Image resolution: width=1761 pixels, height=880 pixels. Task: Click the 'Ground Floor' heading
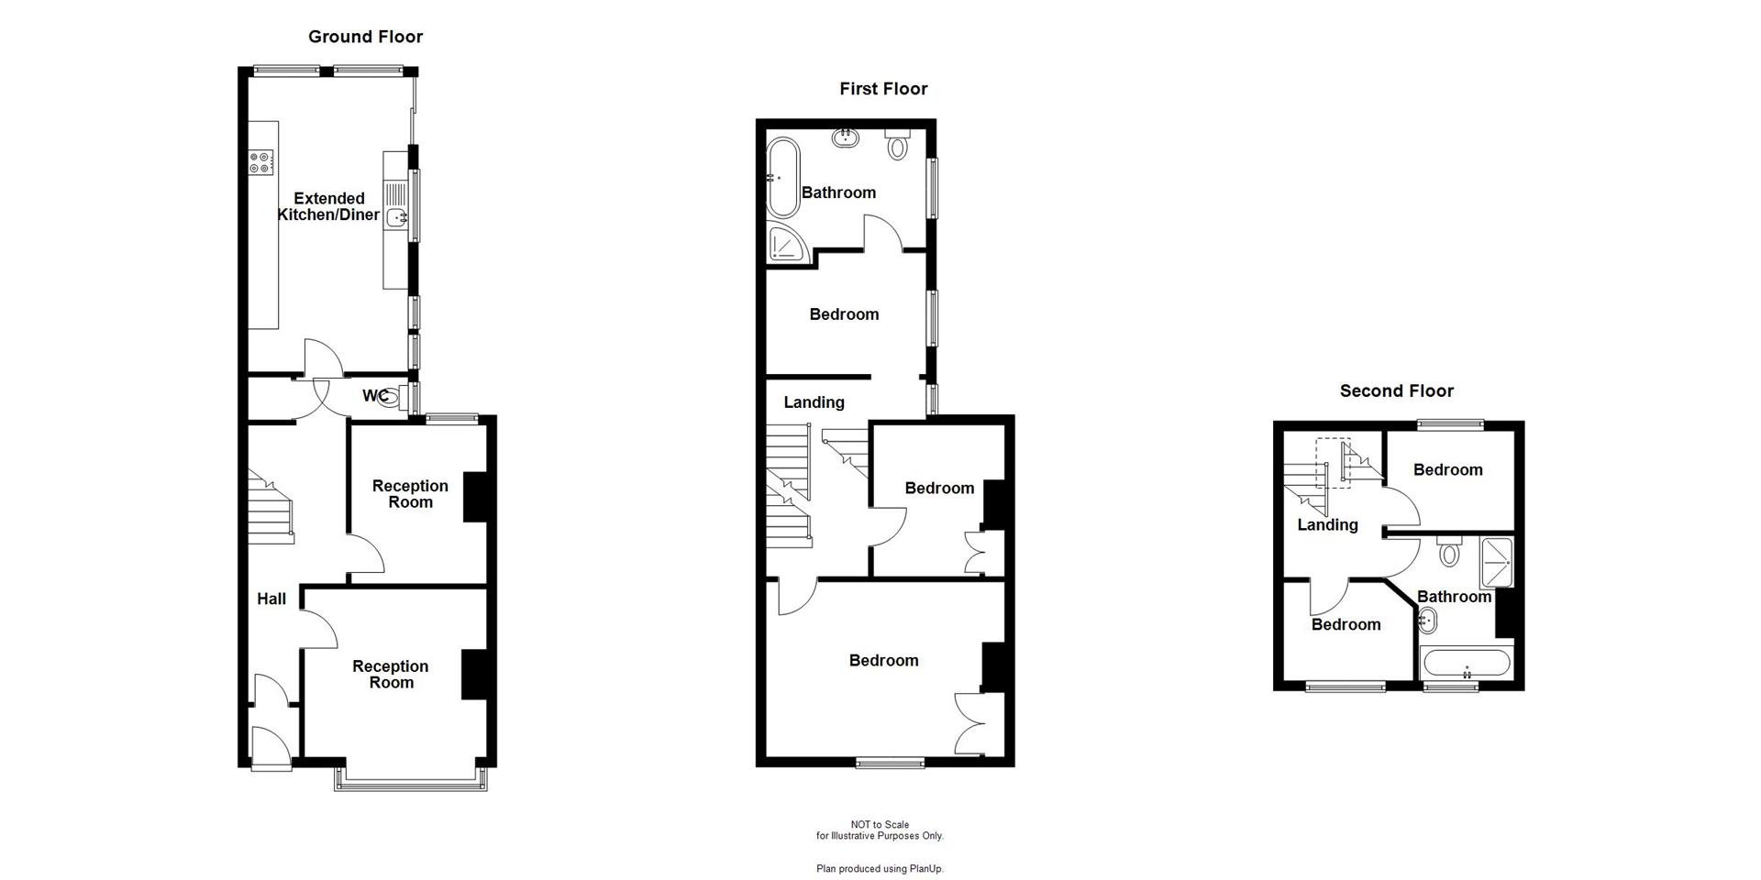click(x=365, y=37)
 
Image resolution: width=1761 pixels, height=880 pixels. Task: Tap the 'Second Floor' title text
click(x=1396, y=391)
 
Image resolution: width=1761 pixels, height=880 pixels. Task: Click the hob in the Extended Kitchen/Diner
click(x=260, y=163)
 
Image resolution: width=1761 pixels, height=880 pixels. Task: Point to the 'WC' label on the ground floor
click(x=374, y=396)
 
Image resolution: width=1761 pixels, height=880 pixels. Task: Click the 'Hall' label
click(x=271, y=599)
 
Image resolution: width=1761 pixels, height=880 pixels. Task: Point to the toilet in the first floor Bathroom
click(x=898, y=145)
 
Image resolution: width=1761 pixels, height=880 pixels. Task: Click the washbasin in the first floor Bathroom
click(x=845, y=138)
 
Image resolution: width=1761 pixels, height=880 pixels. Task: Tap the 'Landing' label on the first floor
click(x=814, y=402)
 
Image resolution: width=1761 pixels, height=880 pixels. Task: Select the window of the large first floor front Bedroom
click(x=890, y=762)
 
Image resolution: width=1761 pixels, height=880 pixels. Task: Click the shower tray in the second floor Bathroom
click(x=1496, y=562)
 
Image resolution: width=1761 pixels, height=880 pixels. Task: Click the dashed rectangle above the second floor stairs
click(x=1333, y=463)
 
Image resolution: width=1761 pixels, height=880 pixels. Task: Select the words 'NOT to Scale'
click(x=880, y=825)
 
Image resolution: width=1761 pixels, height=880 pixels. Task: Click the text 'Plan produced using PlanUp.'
click(x=880, y=869)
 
